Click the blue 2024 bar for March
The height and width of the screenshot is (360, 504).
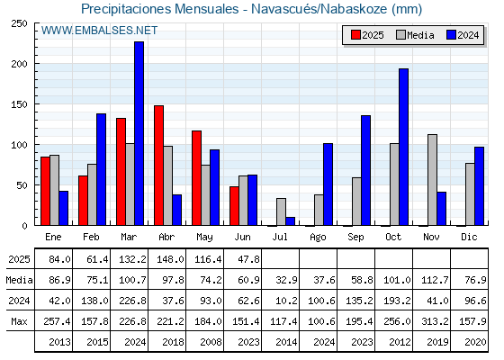(x=139, y=133)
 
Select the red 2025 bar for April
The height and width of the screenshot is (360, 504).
(x=158, y=166)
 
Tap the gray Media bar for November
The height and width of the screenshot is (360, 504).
(x=432, y=180)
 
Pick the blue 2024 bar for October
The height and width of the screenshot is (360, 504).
(x=404, y=147)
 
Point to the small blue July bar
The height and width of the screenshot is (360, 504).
(x=290, y=221)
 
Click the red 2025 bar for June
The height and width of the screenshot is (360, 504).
(x=234, y=206)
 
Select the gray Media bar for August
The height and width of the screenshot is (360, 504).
(x=319, y=210)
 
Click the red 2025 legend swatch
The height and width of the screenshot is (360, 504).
(x=355, y=35)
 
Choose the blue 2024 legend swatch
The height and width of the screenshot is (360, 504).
(x=452, y=35)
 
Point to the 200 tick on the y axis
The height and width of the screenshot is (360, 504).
(x=19, y=64)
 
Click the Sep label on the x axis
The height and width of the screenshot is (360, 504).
(x=355, y=238)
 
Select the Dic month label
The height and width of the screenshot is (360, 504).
(x=469, y=237)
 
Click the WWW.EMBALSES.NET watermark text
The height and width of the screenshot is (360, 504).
(x=99, y=31)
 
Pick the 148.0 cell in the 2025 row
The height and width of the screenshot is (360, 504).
(x=170, y=259)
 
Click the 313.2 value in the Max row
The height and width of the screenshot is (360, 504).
(x=435, y=321)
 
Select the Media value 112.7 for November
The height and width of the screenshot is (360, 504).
(x=435, y=280)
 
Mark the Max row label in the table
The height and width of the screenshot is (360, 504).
(x=19, y=321)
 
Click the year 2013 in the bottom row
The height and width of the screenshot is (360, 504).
(x=59, y=342)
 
